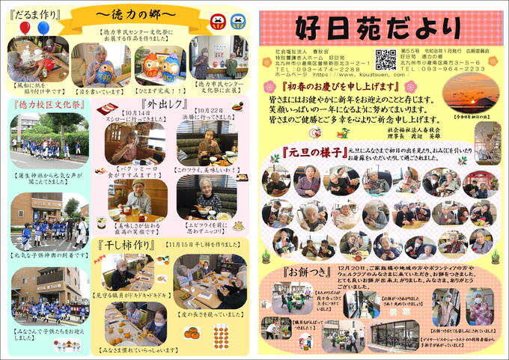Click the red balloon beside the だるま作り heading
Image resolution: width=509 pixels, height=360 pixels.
(25, 28)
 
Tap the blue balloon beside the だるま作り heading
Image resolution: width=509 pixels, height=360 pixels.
(42, 28)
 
